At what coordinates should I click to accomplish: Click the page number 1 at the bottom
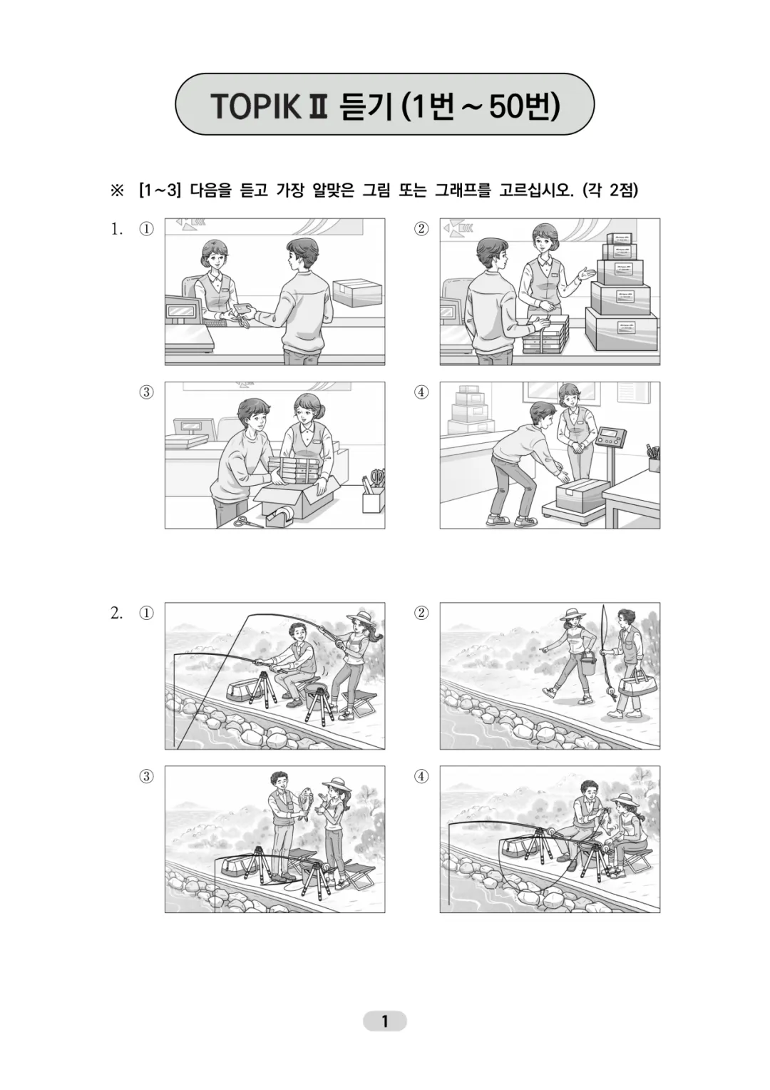tap(384, 1022)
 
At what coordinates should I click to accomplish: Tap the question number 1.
tap(116, 229)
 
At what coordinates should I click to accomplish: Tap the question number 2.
tap(116, 613)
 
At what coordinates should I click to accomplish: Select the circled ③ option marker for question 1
tap(146, 392)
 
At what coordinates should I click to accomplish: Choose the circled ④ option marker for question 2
tap(422, 776)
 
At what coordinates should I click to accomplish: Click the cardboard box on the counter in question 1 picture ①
tap(356, 292)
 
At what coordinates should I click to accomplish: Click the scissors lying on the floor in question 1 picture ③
tap(249, 521)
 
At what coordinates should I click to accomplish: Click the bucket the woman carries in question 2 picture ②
tap(588, 664)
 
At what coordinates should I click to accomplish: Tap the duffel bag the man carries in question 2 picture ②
tap(632, 686)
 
